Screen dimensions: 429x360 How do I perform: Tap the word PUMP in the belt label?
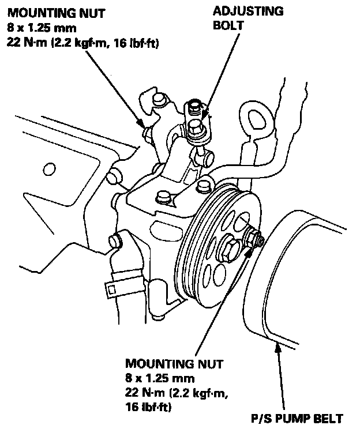(297, 418)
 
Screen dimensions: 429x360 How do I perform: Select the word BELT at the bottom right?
(329, 418)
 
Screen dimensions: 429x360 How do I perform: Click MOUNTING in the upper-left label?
(37, 12)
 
